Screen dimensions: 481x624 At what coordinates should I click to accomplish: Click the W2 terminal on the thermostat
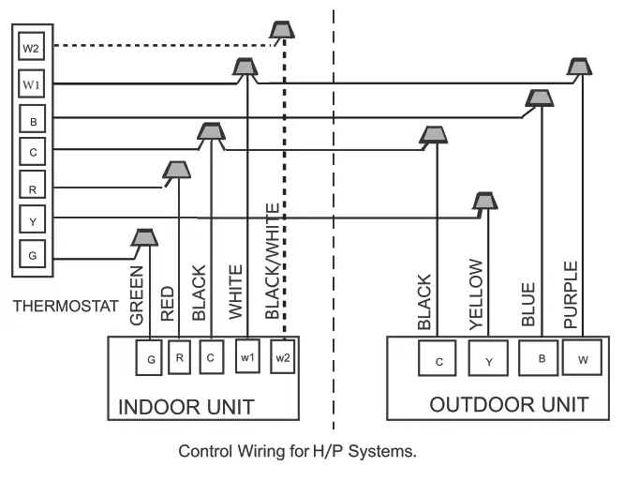coord(31,47)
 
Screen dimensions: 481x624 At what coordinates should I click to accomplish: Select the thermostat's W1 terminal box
coord(31,83)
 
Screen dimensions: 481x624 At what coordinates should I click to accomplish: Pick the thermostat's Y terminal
coord(31,218)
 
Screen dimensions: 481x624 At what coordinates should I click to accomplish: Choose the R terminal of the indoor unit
coord(180,357)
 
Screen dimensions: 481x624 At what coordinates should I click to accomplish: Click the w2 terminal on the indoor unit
coord(283,357)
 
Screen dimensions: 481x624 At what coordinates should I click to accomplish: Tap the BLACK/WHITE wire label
coord(272,262)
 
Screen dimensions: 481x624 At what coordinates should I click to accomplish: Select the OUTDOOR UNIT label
coord(509,404)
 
